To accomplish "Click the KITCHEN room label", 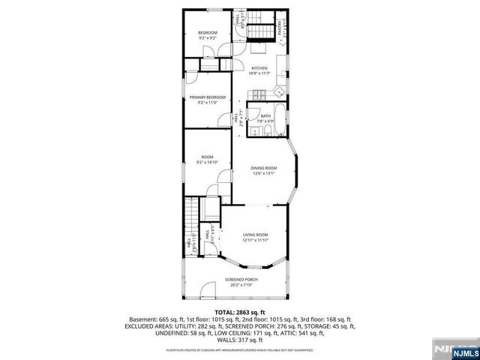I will point(259,68).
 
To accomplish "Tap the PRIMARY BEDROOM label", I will point(207,97).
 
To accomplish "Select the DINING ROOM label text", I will point(263,168).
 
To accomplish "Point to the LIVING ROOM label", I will point(255,235).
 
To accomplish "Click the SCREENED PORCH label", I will point(240,280).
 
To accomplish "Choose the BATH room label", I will point(265,115).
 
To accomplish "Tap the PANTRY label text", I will point(281,29).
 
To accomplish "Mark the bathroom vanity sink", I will point(266,130).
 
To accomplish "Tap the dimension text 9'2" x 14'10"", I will point(207,163).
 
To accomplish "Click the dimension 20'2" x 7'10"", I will point(240,285).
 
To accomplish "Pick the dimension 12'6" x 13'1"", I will point(263,173).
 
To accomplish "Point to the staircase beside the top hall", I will point(260,32).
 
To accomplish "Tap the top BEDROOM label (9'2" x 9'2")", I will point(207,33).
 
